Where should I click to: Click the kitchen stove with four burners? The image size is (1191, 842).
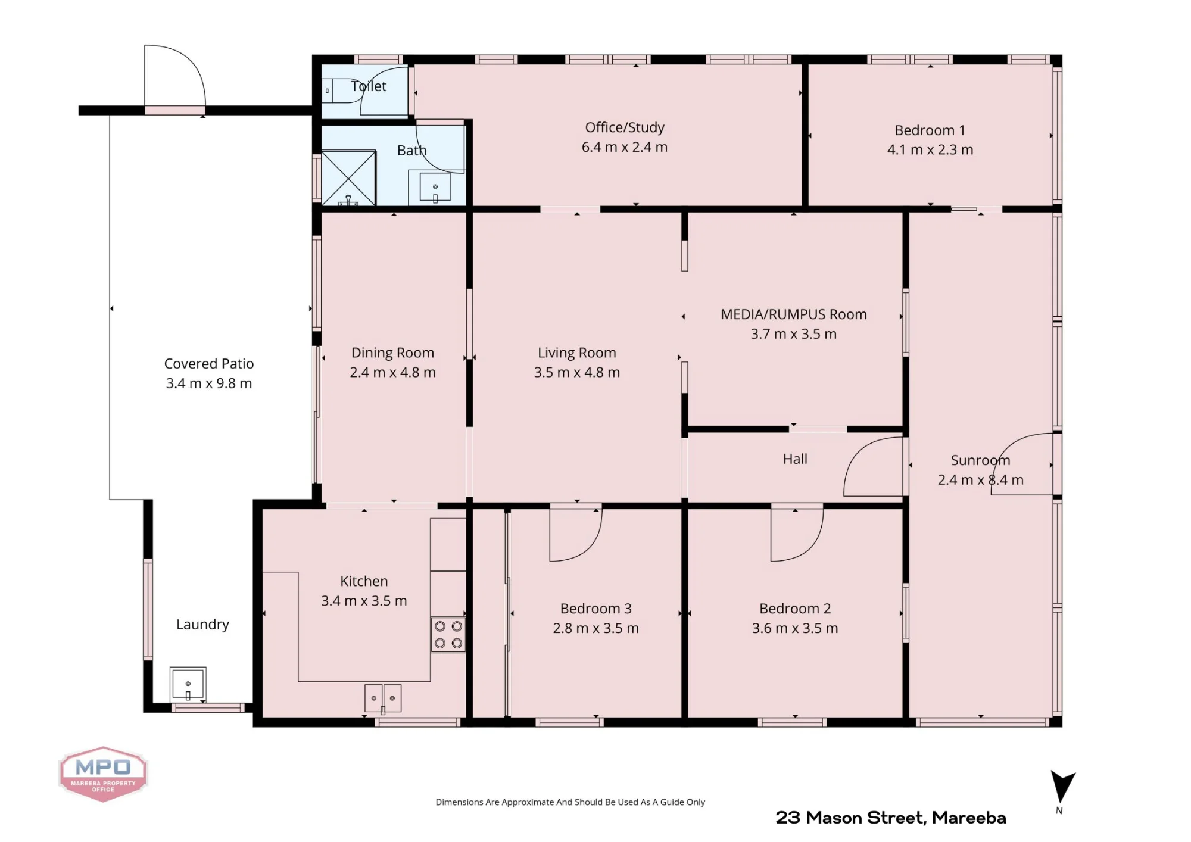click(448, 635)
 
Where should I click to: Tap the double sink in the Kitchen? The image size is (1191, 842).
click(383, 698)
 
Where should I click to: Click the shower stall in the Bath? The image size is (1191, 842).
click(349, 178)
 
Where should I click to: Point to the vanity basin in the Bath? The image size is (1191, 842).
click(435, 187)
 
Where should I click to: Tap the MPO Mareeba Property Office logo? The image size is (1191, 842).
click(103, 774)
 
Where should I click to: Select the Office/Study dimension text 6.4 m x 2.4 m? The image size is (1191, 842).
click(625, 147)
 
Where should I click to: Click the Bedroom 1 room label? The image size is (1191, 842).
click(930, 130)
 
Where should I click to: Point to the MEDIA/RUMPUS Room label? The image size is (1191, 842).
click(794, 314)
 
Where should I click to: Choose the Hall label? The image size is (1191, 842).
click(795, 459)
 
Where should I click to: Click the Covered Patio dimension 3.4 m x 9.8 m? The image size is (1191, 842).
click(209, 383)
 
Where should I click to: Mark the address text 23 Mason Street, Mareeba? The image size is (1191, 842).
click(891, 818)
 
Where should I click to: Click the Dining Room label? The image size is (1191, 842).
click(392, 353)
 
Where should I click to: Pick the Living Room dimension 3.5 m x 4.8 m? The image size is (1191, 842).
click(576, 372)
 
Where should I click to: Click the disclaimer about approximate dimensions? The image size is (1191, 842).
click(570, 802)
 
